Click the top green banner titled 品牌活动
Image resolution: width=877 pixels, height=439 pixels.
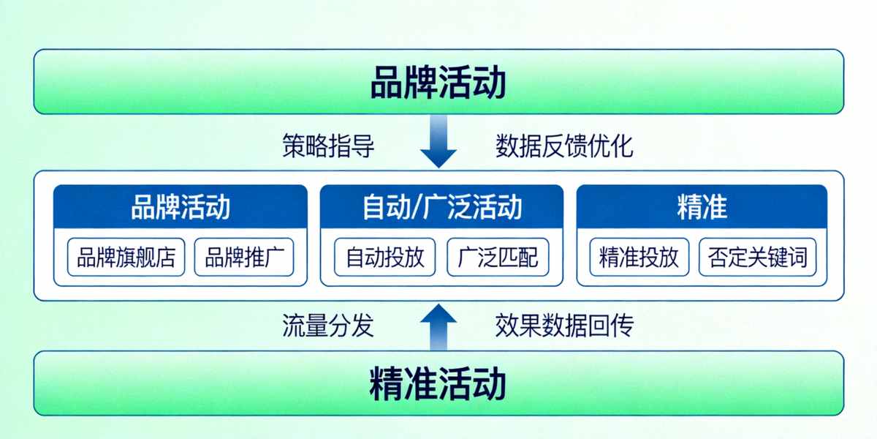(x=438, y=82)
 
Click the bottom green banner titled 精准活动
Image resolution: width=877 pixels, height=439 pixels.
(x=438, y=384)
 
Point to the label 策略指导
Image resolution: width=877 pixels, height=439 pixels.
(x=328, y=146)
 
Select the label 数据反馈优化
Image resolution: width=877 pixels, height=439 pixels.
(x=564, y=146)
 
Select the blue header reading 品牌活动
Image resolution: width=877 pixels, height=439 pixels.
(x=181, y=207)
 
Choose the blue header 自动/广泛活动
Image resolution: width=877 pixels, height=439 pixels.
(x=442, y=207)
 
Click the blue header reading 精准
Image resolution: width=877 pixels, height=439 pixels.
(x=702, y=207)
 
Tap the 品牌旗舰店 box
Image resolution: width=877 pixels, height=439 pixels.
(x=126, y=258)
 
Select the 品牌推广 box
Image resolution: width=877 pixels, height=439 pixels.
(x=244, y=258)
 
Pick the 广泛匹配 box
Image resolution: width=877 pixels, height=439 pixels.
(x=498, y=258)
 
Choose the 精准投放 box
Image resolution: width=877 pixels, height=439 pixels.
(x=639, y=258)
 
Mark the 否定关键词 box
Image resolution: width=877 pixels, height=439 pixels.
(x=757, y=258)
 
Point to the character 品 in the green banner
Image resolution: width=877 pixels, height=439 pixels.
(x=387, y=83)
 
